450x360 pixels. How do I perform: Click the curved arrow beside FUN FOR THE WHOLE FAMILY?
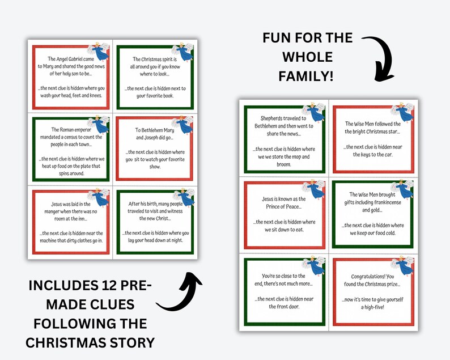(381, 57)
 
